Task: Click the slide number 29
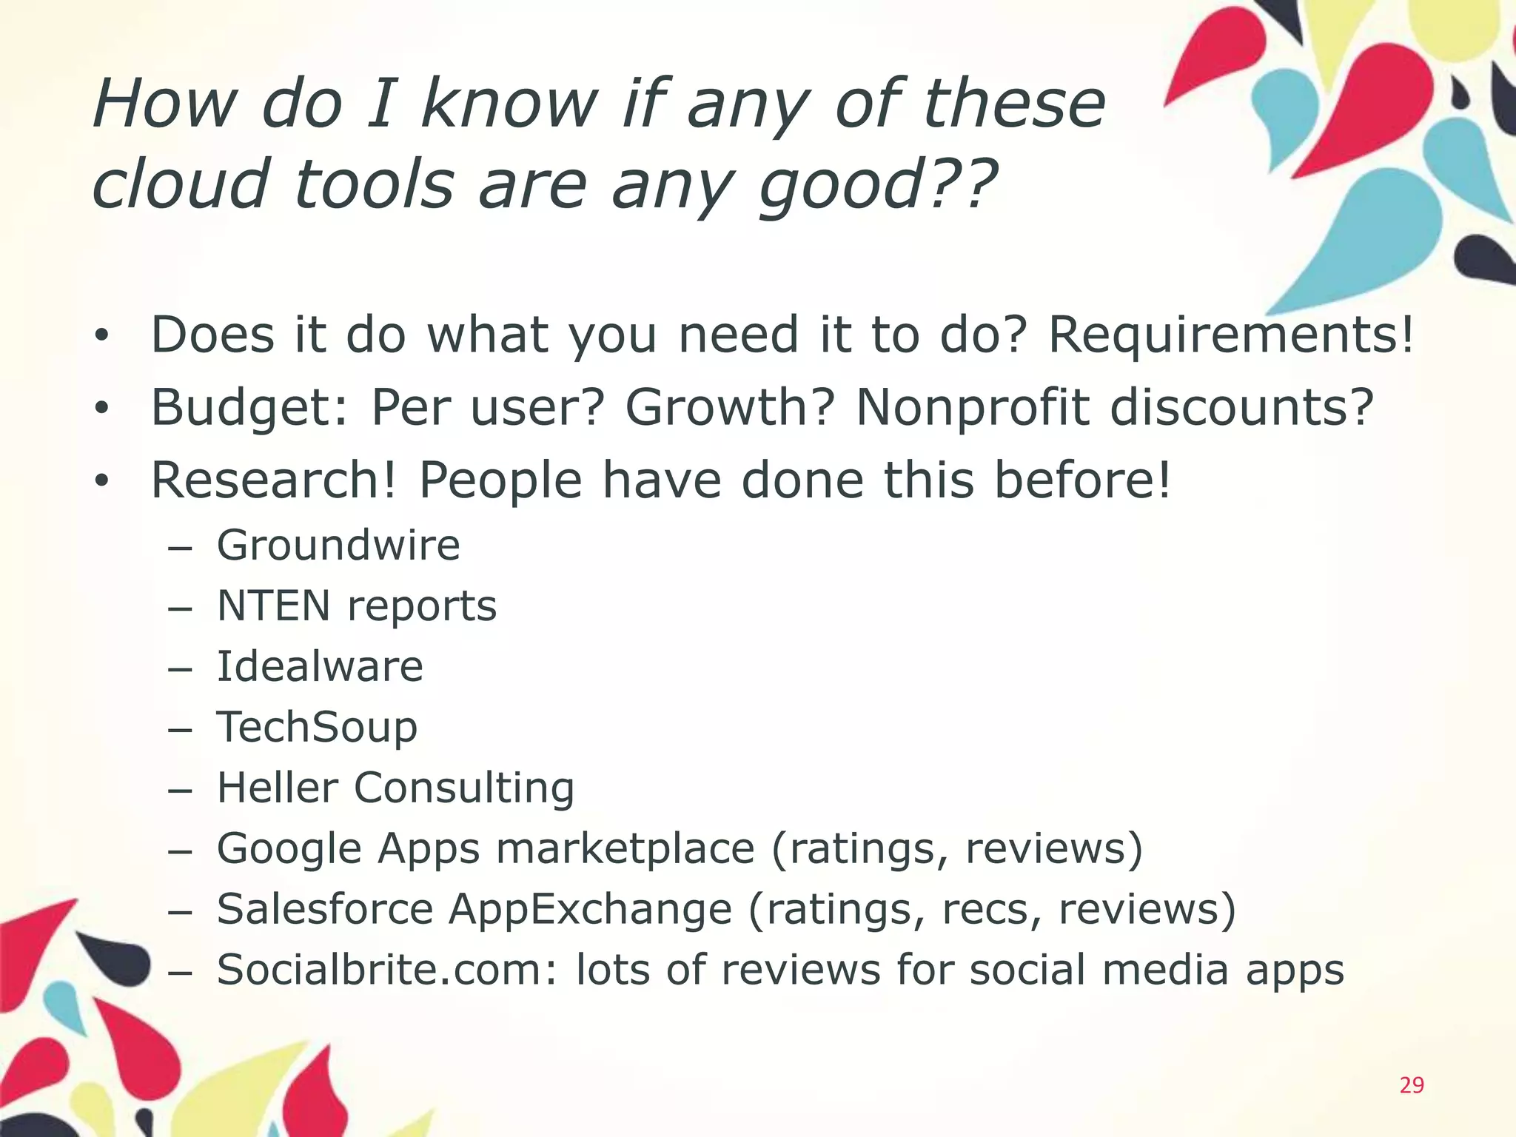[x=1412, y=1085]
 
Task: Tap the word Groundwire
[x=338, y=546]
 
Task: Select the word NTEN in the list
[x=273, y=606]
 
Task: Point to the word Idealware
[x=320, y=666]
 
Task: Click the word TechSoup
[x=317, y=727]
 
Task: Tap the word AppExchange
[x=590, y=909]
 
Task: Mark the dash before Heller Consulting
[x=180, y=789]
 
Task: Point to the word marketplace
[x=625, y=848]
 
